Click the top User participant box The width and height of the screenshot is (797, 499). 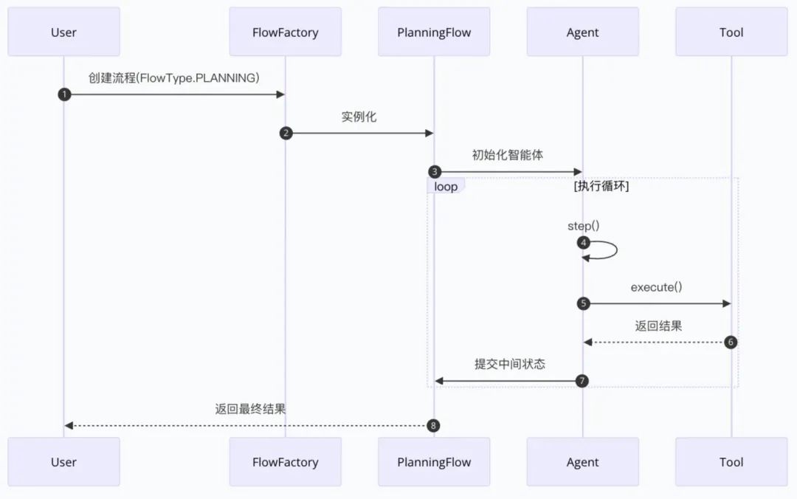coord(63,32)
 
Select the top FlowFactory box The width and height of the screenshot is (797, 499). coord(285,32)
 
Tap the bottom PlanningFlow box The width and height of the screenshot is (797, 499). coord(434,462)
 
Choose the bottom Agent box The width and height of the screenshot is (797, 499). coord(582,462)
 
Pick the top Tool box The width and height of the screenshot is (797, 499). coord(731,32)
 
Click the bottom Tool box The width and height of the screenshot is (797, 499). coord(731,462)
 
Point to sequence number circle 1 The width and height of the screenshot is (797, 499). coord(64,94)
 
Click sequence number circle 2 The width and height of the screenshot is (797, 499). coord(286,133)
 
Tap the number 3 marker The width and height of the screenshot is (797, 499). coord(435,172)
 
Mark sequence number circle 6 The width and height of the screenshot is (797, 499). coord(731,343)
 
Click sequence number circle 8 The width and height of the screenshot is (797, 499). coord(434,425)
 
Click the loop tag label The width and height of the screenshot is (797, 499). coord(446,187)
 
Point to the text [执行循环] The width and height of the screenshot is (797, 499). coord(601,187)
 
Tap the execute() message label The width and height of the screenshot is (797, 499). coord(656,287)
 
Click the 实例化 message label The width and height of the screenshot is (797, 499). coord(359,117)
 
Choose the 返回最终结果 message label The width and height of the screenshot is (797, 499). coord(250,408)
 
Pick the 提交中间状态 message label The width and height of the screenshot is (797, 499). coord(510,364)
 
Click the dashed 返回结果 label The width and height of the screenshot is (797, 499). coord(658,326)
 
